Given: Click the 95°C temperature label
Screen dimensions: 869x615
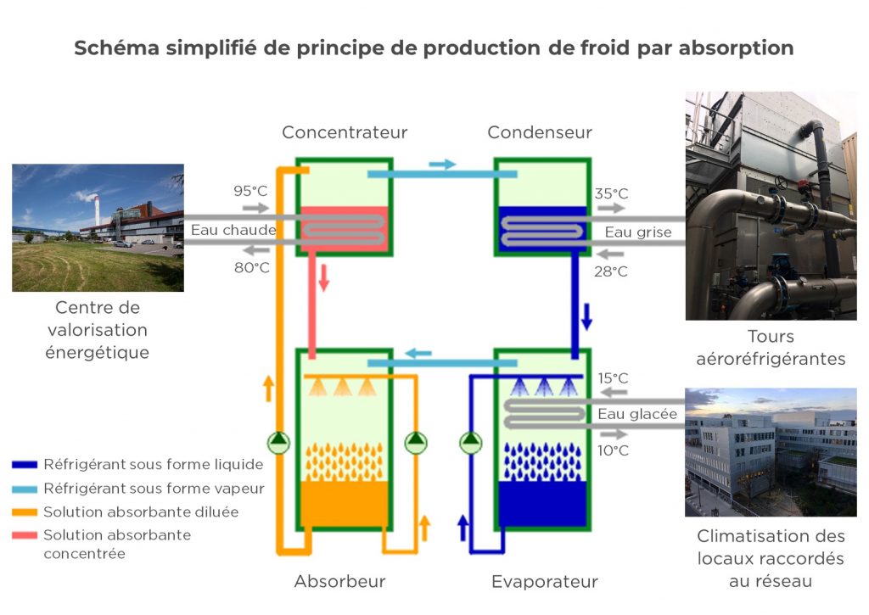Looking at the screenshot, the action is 250,191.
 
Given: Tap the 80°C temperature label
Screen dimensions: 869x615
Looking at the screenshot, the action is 251,267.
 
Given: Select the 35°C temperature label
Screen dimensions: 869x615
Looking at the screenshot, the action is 611,194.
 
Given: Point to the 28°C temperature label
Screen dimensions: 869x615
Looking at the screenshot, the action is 611,271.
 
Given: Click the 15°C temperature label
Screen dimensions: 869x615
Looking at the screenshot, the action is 613,378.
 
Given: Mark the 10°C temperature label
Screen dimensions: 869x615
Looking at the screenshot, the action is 613,450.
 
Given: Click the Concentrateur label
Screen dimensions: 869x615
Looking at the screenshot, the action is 345,132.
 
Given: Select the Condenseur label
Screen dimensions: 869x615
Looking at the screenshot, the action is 540,132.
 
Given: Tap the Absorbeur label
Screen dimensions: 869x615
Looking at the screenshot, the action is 339,581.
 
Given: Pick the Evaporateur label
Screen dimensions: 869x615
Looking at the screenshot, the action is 545,582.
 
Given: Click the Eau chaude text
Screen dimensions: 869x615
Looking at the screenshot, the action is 233,230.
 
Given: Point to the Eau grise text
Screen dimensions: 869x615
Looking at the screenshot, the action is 638,232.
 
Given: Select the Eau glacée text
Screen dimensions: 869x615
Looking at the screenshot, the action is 637,414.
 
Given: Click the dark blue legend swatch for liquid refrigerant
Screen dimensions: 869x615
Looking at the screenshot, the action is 25,465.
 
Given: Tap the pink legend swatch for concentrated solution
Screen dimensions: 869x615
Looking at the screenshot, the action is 25,535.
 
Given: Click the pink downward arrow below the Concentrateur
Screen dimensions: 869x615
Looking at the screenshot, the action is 324,278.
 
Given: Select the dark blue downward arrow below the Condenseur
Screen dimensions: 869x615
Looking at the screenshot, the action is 586,316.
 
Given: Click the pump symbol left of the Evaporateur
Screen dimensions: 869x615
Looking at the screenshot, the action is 470,442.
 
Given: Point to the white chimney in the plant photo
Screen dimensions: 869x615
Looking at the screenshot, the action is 97,210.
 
